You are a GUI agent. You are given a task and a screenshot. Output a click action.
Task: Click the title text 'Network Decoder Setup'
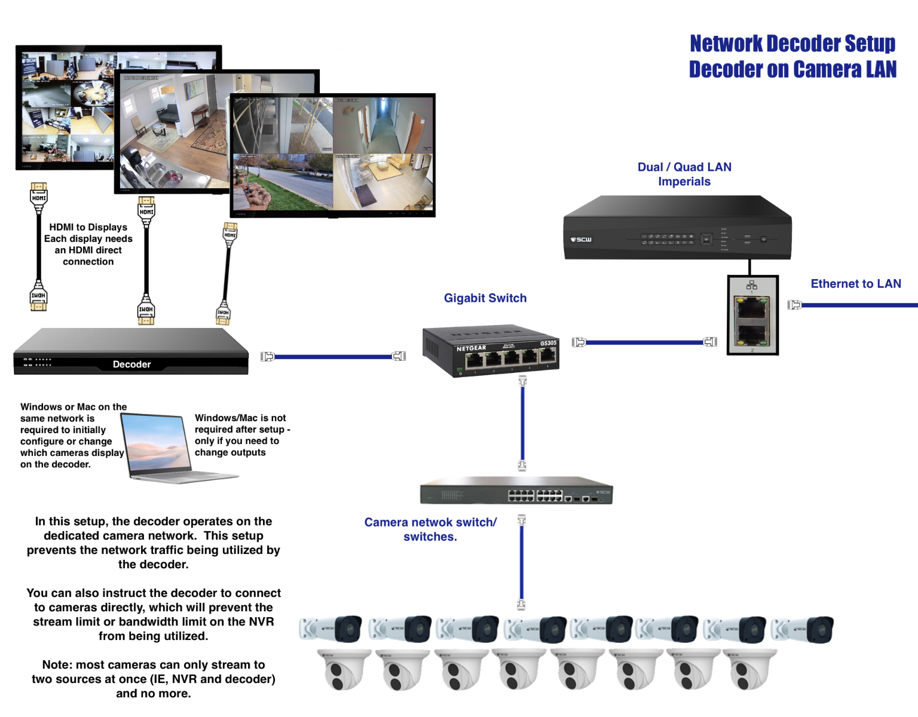coord(792,44)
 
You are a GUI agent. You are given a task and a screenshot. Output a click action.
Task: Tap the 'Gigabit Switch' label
coord(485,298)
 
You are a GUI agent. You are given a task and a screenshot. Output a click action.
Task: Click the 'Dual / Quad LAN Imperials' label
coord(684,174)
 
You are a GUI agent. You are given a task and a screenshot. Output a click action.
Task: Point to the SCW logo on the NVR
coord(581,240)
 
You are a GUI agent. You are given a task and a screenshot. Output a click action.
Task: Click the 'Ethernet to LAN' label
coord(856,284)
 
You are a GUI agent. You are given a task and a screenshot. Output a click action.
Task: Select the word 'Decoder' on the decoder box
coord(131,364)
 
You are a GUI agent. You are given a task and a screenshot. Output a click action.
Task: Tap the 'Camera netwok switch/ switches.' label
coord(430,529)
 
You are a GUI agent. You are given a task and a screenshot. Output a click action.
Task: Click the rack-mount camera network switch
coord(516,491)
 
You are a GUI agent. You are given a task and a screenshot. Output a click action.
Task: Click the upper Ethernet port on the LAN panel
coord(752,309)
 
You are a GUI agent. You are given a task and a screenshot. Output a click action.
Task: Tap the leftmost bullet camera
coord(331,629)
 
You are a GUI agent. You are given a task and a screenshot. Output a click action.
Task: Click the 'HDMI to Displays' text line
coord(88,227)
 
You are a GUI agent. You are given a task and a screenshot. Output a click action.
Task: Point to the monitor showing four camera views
coord(332,155)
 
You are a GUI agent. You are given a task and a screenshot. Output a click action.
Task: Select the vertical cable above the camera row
coord(522,562)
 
